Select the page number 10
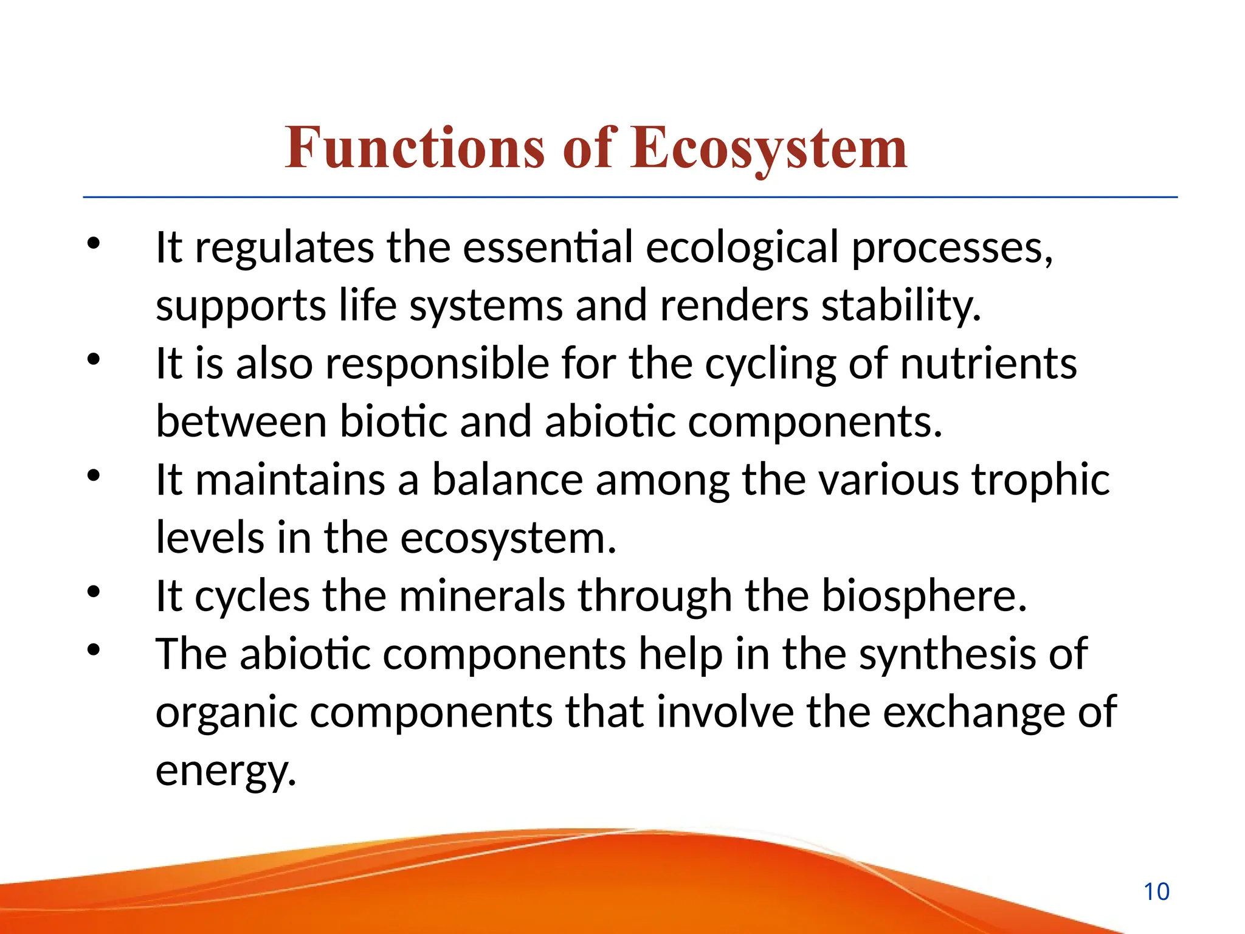(1156, 892)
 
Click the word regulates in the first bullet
(284, 247)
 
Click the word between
(241, 421)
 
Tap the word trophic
(1040, 480)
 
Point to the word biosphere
(923, 596)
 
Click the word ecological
(742, 247)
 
